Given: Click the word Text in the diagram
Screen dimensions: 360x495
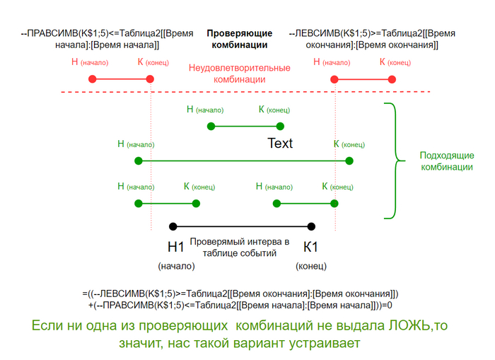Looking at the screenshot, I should click(x=279, y=144).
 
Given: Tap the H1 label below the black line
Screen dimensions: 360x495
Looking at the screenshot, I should click(x=175, y=248).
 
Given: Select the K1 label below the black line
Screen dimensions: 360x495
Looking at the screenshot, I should click(x=311, y=248).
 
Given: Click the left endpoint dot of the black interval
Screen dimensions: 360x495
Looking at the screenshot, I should click(x=172, y=226).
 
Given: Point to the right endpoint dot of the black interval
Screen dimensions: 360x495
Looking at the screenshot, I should click(x=311, y=226).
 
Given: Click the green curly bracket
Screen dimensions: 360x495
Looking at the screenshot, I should click(x=391, y=161).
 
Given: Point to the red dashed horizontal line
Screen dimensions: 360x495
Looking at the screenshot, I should click(x=212, y=92).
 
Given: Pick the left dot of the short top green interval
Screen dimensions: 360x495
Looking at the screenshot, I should click(x=210, y=126).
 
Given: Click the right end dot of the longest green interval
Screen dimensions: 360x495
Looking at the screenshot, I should click(x=349, y=161).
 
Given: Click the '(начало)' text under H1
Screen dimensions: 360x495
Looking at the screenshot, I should click(x=176, y=267).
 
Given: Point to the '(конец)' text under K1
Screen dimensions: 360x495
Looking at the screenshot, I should click(x=311, y=267).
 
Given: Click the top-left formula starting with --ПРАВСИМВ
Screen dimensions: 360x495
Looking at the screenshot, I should click(x=99, y=39).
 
